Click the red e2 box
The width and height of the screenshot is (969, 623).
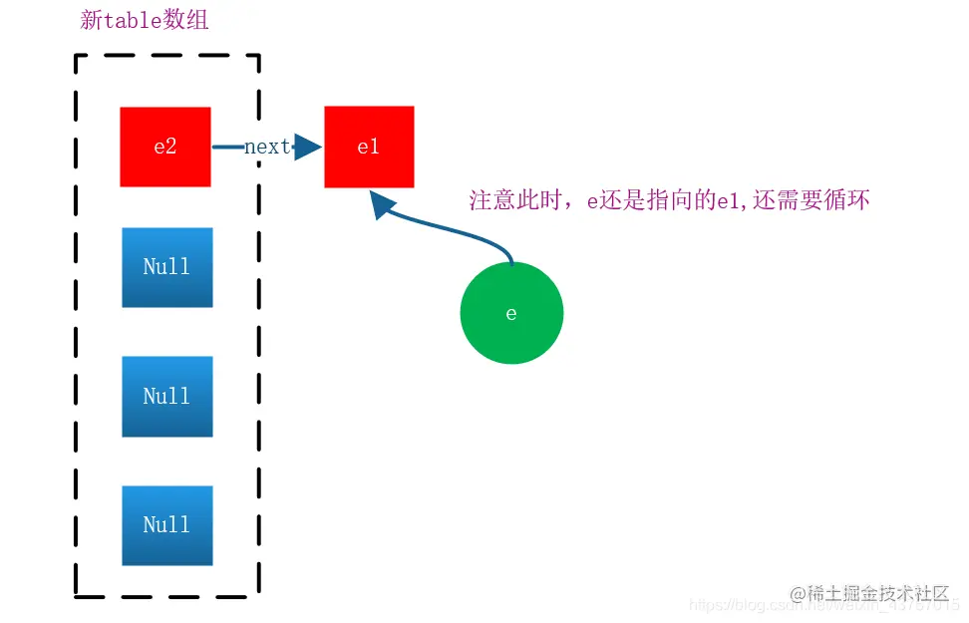point(165,147)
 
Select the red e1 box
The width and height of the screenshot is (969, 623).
point(369,147)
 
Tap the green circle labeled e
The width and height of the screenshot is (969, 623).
point(511,313)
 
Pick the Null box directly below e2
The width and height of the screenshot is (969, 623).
point(166,267)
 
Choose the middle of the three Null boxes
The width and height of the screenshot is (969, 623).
point(166,396)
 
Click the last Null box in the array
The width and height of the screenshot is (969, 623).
point(166,525)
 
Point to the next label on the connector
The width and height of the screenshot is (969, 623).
point(266,147)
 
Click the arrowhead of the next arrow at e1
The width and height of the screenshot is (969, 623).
point(308,148)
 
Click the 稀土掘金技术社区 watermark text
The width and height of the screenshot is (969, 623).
point(877,593)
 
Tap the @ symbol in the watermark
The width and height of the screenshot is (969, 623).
point(798,594)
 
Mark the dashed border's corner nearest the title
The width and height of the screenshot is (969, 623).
point(77,56)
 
